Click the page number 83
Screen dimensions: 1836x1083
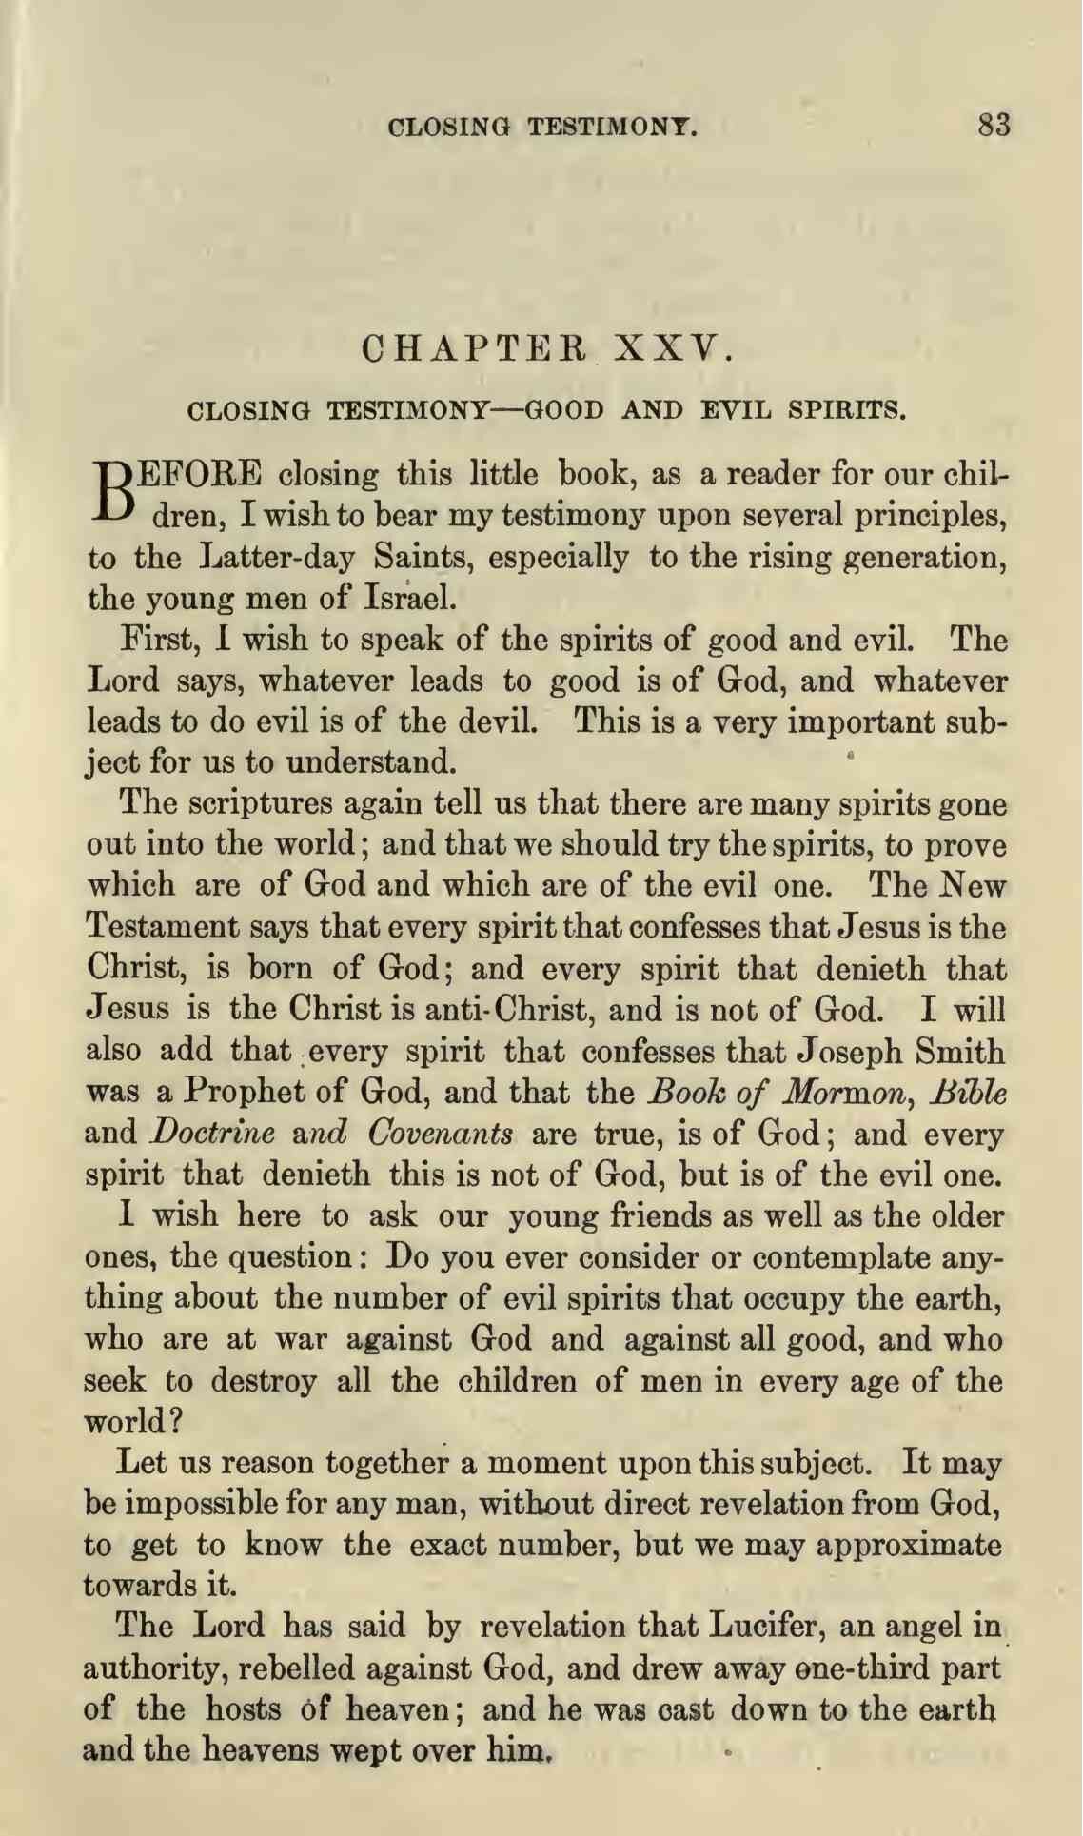[994, 125]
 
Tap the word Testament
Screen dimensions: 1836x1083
[162, 926]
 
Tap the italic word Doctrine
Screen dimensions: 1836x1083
[213, 1134]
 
